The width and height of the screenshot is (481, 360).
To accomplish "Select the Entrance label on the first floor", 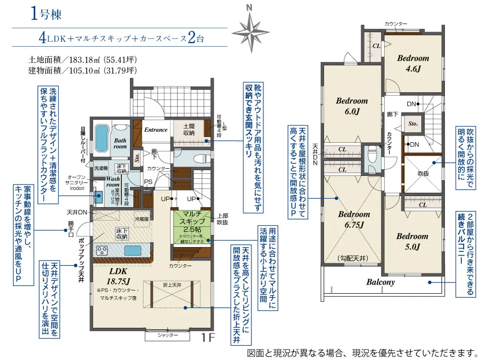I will (156, 130).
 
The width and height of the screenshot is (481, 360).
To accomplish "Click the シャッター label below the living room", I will (168, 336).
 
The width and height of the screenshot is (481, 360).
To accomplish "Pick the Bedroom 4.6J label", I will (413, 63).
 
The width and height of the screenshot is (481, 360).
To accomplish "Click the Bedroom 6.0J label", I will (352, 106).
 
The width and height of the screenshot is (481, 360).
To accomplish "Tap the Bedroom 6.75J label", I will (354, 219).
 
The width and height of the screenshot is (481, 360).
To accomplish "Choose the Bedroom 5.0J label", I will (412, 241).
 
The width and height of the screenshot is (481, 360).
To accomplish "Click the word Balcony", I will (380, 282).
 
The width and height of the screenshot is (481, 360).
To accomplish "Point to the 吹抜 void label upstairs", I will (423, 174).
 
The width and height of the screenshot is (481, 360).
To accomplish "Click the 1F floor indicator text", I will (208, 338).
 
